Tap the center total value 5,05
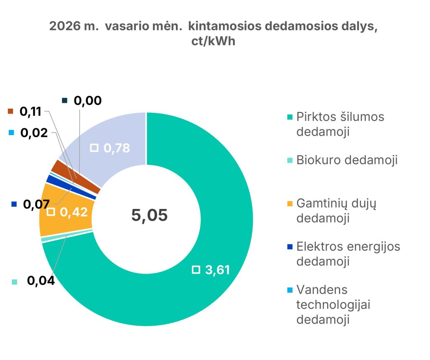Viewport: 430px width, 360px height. tap(149, 215)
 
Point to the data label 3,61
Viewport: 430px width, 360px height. tap(217, 269)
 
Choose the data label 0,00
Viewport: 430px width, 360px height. tap(87, 100)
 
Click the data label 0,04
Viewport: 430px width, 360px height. tap(41, 281)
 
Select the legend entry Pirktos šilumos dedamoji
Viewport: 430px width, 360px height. tap(340, 124)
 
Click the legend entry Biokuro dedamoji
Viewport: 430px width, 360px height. tap(346, 160)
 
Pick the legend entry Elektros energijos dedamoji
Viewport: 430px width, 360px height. tap(348, 253)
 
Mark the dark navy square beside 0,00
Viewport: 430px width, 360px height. tap(64, 100)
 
